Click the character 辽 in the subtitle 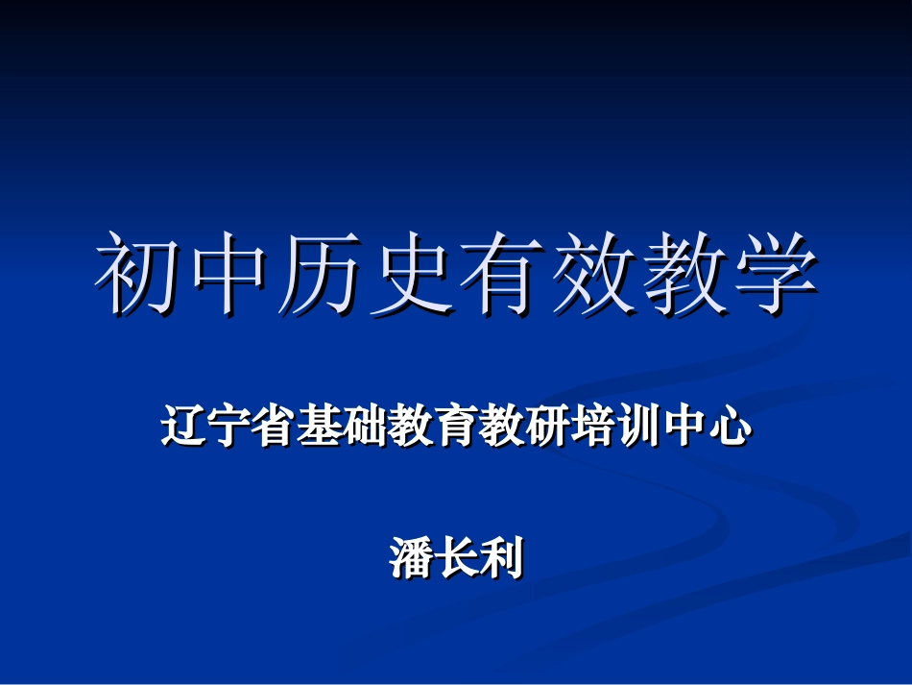click(183, 427)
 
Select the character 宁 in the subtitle click(229, 427)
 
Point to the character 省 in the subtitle click(276, 427)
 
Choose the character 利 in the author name click(502, 558)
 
